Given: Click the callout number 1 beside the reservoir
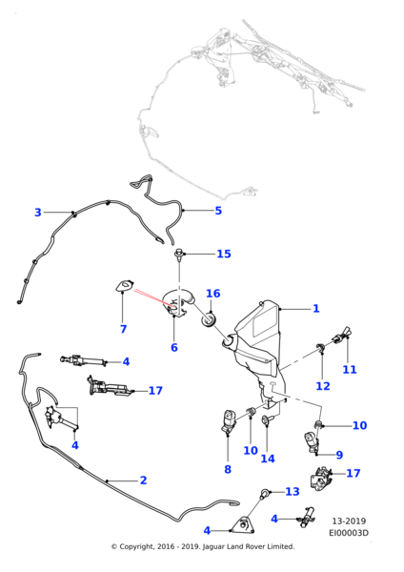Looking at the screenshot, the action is click(x=316, y=309).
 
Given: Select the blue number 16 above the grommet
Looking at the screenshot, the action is click(x=213, y=294).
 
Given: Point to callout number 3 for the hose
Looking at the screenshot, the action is click(x=38, y=213).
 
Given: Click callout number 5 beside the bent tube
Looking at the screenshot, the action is click(x=218, y=211).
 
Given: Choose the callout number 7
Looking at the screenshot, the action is click(x=123, y=329).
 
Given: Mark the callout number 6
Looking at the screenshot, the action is click(x=174, y=347).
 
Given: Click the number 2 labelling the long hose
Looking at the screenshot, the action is click(x=143, y=480).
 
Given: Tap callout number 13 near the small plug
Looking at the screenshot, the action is click(x=293, y=491).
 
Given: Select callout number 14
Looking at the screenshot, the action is click(x=268, y=459).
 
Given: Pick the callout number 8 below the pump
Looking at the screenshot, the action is click(x=228, y=469).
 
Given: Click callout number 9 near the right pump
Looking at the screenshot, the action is click(x=339, y=455).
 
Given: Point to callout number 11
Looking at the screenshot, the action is click(x=350, y=370).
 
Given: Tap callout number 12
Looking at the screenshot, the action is click(x=323, y=386).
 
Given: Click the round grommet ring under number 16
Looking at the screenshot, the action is click(x=210, y=321).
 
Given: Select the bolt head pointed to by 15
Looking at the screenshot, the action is click(x=179, y=253).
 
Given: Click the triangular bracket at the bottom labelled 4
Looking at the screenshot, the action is click(x=244, y=524).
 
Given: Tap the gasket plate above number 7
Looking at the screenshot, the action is click(x=125, y=286).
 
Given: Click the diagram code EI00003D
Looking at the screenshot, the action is click(x=349, y=533).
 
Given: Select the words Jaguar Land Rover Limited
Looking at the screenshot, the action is click(x=248, y=546).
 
